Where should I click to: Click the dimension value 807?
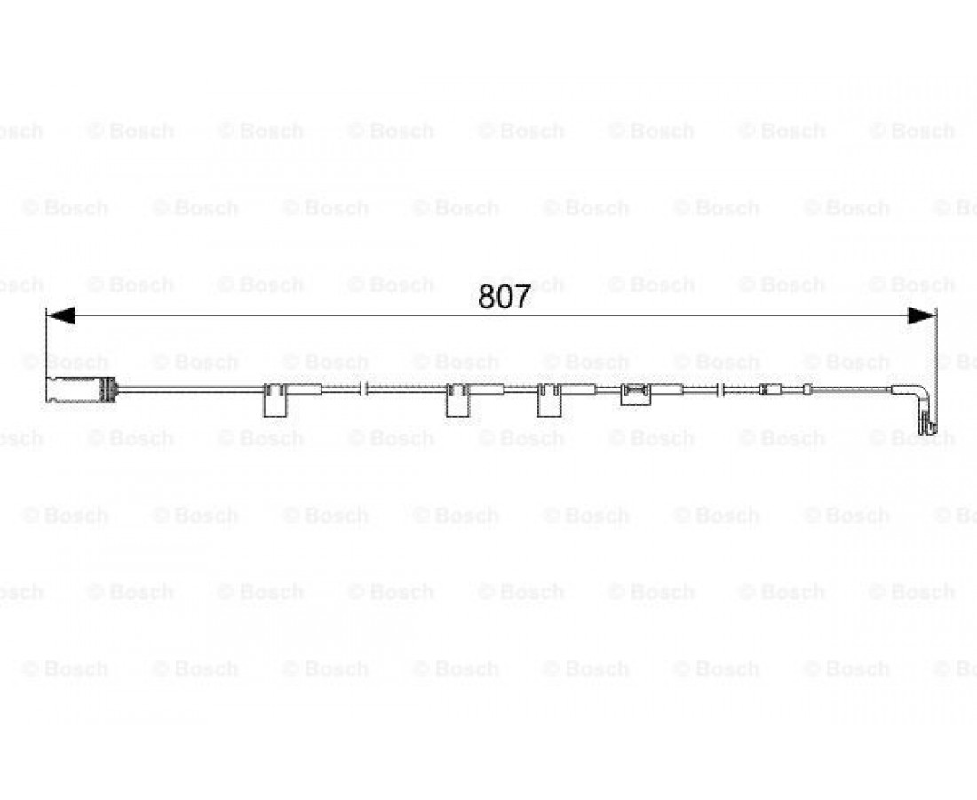504,297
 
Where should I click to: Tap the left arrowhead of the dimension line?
60,316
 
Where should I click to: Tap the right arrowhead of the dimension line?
922,316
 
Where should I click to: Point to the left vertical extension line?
47,343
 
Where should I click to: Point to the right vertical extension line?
936,368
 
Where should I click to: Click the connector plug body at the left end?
74,389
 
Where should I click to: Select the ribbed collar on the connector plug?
108,389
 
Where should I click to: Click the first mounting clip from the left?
274,400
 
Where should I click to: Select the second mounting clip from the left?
457,400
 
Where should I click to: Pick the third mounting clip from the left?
550,400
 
